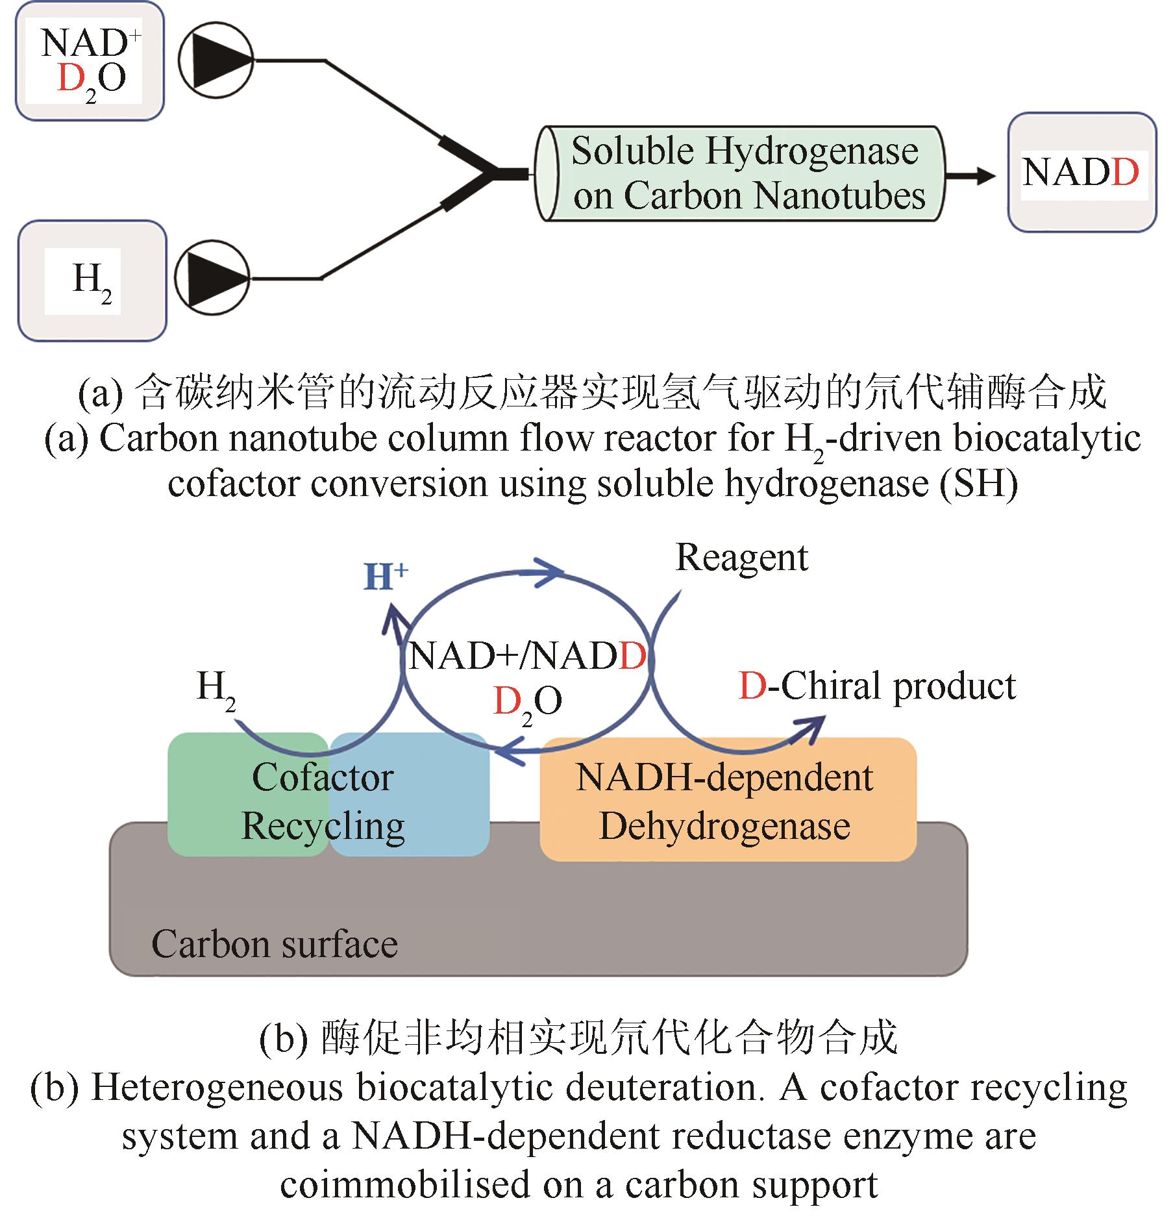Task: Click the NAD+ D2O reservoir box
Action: tap(90, 61)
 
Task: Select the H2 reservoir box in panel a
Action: tap(92, 281)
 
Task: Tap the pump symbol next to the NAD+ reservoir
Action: tap(215, 60)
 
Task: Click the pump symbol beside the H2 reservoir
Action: tap(212, 278)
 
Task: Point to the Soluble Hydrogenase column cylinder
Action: tap(741, 173)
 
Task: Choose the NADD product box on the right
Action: tap(1081, 173)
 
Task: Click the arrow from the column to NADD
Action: tap(970, 175)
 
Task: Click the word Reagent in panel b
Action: tap(742, 558)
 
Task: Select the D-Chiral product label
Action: tap(877, 687)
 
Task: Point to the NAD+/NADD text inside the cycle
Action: tap(527, 656)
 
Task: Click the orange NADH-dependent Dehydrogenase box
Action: tap(728, 800)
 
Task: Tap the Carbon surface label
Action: tap(274, 945)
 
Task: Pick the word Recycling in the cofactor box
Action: tap(323, 826)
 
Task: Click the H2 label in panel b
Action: tap(216, 688)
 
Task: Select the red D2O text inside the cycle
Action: tap(527, 703)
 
